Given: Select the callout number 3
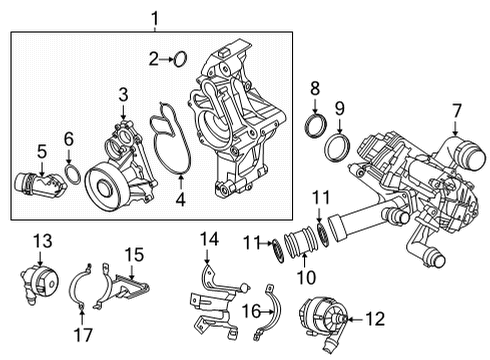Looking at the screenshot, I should click(122, 95).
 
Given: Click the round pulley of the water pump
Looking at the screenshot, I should click(103, 185).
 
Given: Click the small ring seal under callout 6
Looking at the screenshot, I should click(72, 177).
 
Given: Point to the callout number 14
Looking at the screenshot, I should click(208, 238).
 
